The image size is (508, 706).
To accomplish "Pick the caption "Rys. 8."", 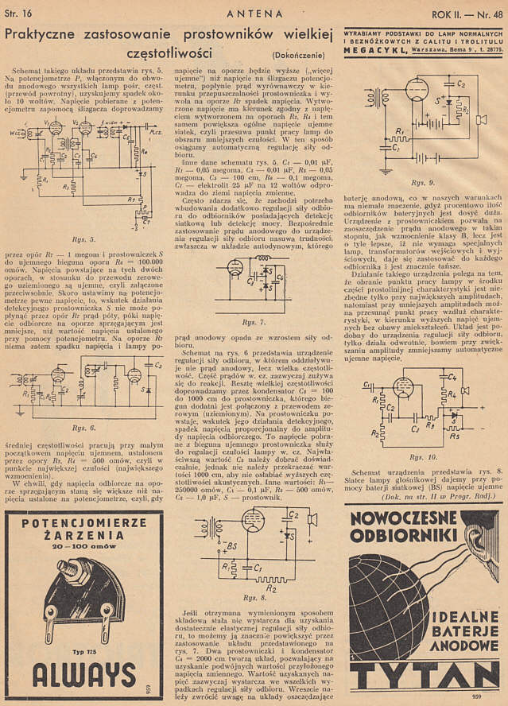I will [x=251, y=597].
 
